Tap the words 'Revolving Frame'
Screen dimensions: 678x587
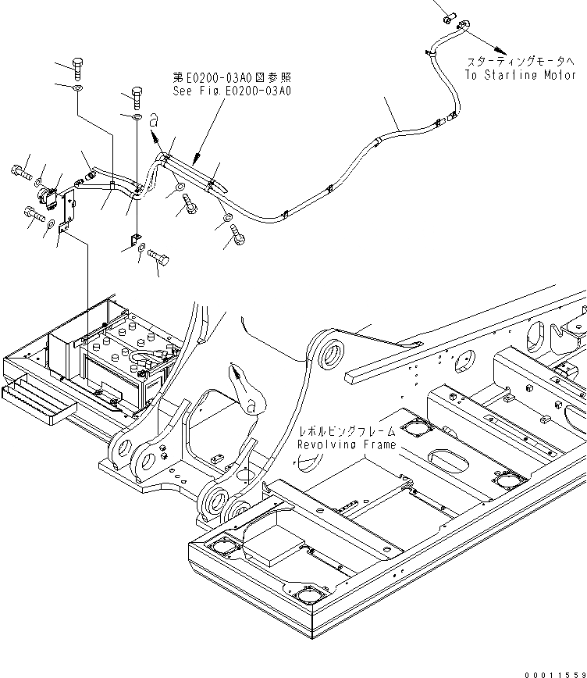346,444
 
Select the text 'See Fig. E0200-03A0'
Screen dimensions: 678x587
232,91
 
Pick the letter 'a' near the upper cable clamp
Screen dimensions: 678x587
154,119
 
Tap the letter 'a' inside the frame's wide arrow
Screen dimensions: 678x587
249,405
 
